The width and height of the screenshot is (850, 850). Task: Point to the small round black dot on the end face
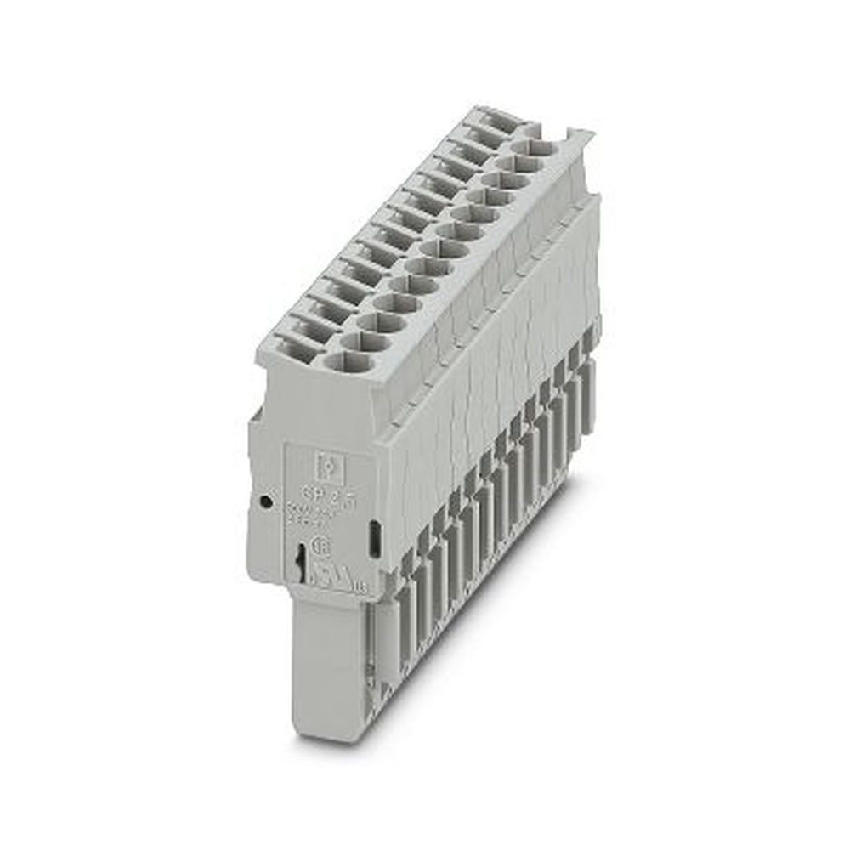pos(266,502)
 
